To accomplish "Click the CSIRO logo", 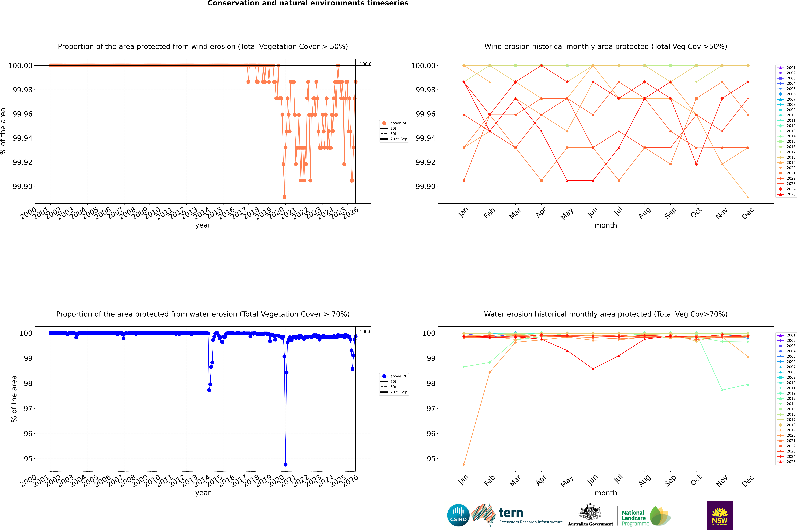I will [458, 515].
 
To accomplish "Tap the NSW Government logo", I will [720, 515].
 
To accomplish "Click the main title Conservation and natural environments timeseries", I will [308, 3].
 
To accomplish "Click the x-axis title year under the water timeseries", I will [203, 493].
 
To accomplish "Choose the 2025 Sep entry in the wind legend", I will [398, 139].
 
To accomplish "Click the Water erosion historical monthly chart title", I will [605, 314].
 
